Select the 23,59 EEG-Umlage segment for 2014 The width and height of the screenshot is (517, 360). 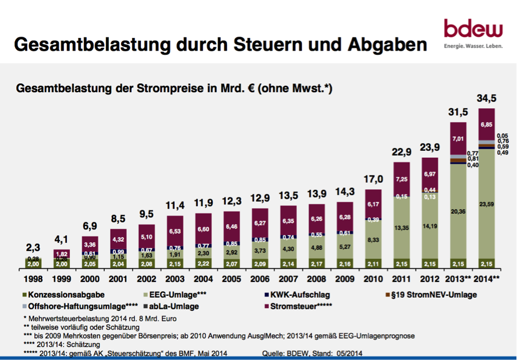[x=487, y=204]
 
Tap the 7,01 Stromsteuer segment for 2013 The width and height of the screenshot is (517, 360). [x=458, y=137]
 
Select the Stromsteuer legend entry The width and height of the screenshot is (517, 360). [x=302, y=306]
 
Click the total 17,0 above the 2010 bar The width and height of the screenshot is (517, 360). [x=373, y=179]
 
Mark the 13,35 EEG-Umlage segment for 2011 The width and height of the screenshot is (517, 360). [x=402, y=227]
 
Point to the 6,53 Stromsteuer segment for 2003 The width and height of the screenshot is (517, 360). [x=175, y=231]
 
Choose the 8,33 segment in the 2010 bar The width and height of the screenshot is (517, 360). [x=373, y=239]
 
